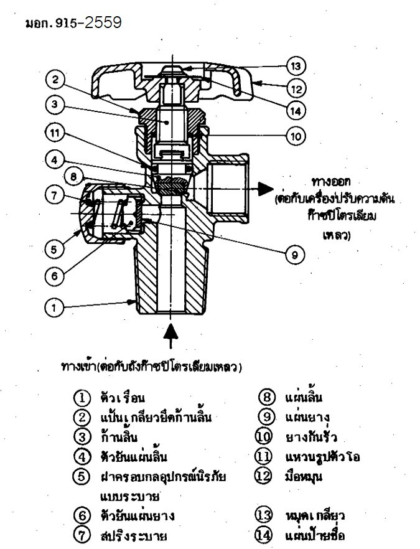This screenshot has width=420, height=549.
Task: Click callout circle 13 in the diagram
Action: (294, 65)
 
